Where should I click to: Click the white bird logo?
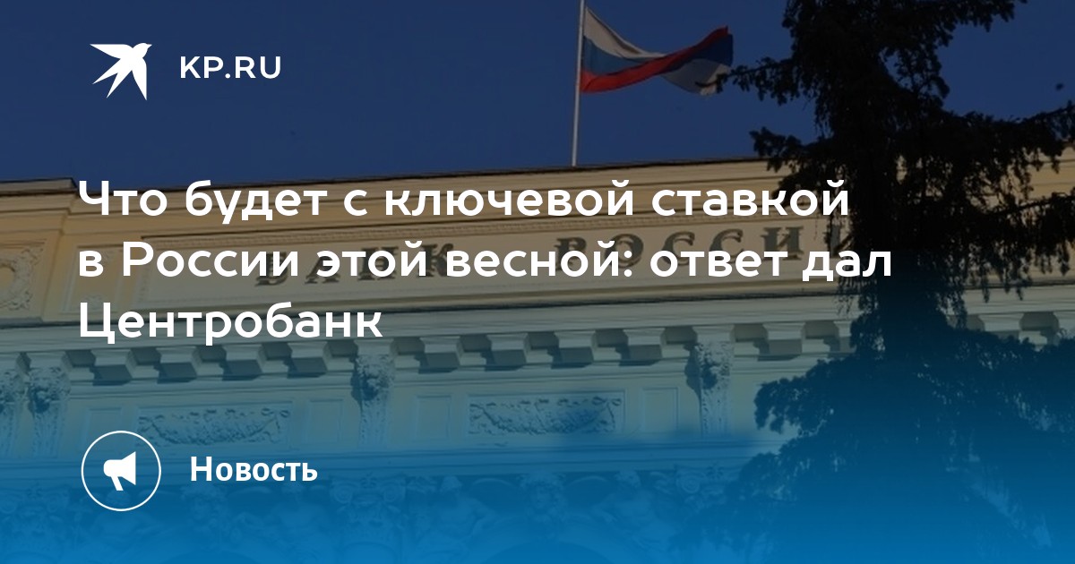122,70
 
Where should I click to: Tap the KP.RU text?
230,68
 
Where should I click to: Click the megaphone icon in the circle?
121,471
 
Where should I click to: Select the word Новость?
254,469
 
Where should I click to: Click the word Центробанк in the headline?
230,320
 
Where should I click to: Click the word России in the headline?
211,262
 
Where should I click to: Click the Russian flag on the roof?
655,53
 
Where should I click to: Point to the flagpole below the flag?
575,130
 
